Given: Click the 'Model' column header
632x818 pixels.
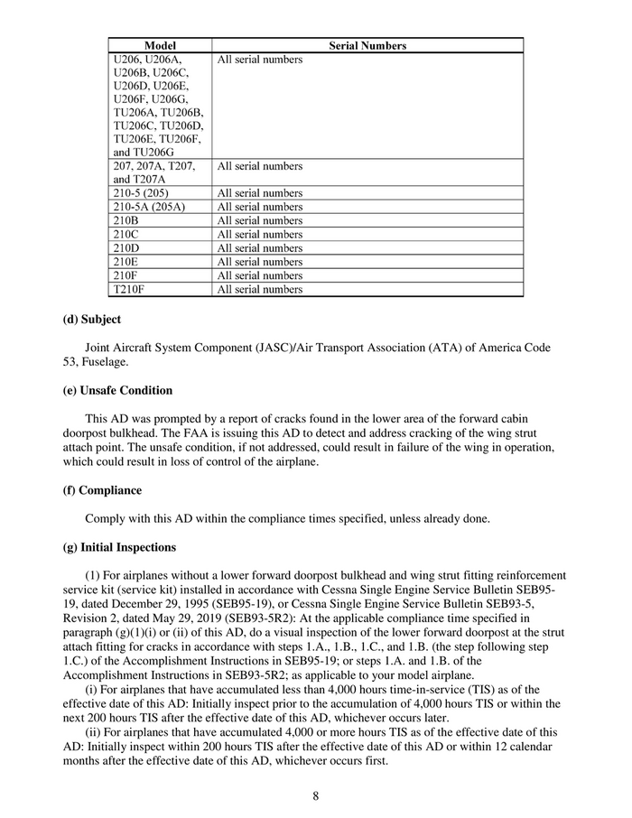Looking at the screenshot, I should tap(160, 45).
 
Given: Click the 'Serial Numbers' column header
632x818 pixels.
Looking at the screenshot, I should tap(367, 45).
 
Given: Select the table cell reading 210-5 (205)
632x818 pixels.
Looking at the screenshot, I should tap(141, 193).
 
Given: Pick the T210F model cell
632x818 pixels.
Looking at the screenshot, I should tap(130, 289).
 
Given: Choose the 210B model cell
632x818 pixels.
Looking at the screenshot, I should tap(125, 220).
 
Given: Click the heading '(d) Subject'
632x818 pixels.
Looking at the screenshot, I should tap(91, 320).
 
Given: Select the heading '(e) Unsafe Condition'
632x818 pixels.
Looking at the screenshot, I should tap(117, 391).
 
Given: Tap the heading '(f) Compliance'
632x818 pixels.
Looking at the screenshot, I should tap(102, 490).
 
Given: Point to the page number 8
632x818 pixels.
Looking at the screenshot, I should tap(316, 795).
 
